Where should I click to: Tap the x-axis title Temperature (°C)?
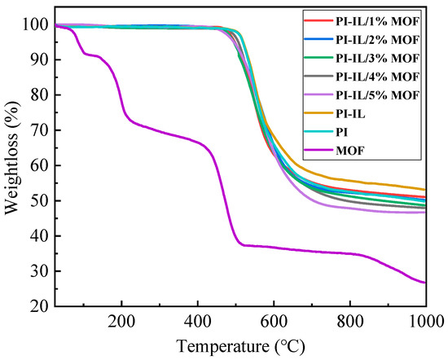pyautogui.click(x=241, y=345)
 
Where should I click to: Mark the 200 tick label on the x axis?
pyautogui.click(x=122, y=319)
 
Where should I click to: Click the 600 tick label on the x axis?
pyautogui.click(x=274, y=319)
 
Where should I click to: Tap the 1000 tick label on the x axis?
pyautogui.click(x=424, y=319)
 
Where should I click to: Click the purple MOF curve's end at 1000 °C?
pyautogui.click(x=425, y=283)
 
